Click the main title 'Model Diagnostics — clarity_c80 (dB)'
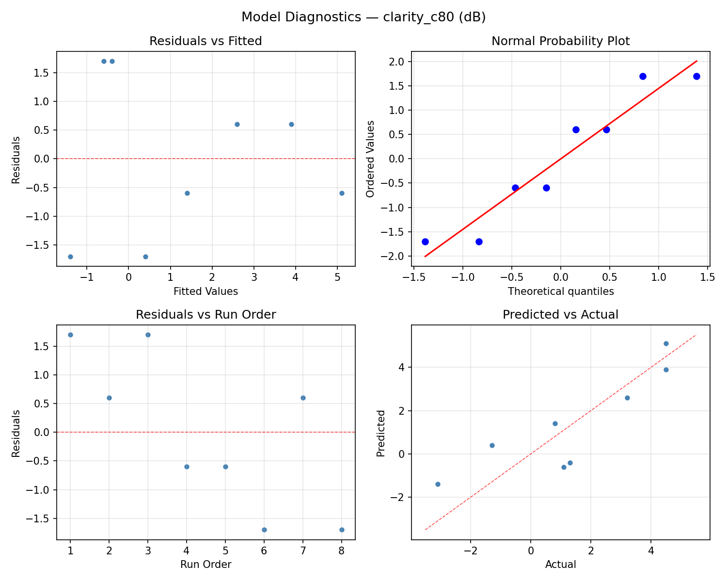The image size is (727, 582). (x=363, y=17)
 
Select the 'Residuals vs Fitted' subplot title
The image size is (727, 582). (x=205, y=41)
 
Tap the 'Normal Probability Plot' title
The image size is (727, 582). (x=560, y=41)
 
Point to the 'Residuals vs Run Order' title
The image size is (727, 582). (x=205, y=315)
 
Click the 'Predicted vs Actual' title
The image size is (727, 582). (x=560, y=315)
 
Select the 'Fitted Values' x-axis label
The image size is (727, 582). (x=205, y=291)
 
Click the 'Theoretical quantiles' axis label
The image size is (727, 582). (x=560, y=291)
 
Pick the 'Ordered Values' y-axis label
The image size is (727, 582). (x=371, y=159)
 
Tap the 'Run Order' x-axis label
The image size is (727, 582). (x=205, y=565)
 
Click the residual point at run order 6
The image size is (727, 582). (x=264, y=530)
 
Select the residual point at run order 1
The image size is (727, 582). (x=70, y=335)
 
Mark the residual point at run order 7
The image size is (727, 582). (x=303, y=398)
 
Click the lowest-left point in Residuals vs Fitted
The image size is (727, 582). (x=70, y=257)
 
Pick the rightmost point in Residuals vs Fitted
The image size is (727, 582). (x=342, y=193)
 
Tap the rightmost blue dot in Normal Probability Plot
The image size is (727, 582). (x=696, y=76)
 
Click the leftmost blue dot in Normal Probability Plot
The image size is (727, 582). (x=425, y=242)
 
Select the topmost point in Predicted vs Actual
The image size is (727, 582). (x=666, y=343)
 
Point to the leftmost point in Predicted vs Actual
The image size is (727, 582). (x=438, y=484)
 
